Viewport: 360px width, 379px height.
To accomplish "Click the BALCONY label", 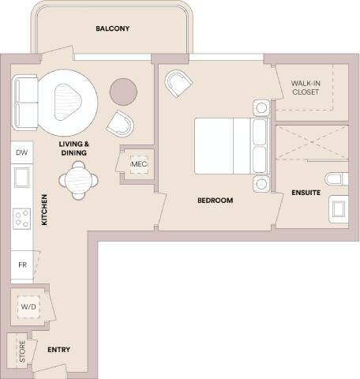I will [x=112, y=29].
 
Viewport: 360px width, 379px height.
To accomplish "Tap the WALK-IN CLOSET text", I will [x=304, y=87].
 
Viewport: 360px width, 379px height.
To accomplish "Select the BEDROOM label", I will [x=215, y=201].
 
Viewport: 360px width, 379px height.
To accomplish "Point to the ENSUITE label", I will [x=305, y=192].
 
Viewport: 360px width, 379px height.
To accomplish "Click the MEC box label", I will [x=139, y=164].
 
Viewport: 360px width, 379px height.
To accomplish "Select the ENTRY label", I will [x=59, y=349].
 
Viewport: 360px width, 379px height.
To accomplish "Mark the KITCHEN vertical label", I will [x=44, y=210].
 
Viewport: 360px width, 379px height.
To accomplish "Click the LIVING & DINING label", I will [x=75, y=149].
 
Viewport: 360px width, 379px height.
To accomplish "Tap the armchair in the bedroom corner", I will [x=178, y=83].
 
